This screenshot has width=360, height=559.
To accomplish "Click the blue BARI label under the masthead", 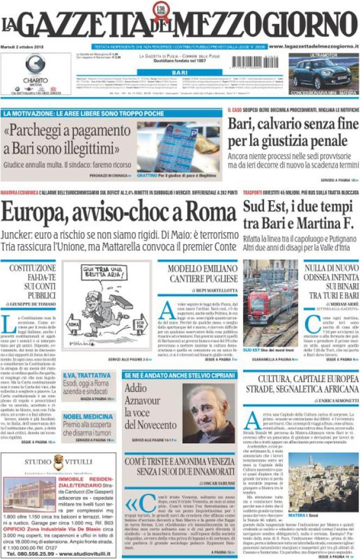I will click(x=179, y=72).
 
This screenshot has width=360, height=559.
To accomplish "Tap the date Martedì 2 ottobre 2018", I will click(x=24, y=47).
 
